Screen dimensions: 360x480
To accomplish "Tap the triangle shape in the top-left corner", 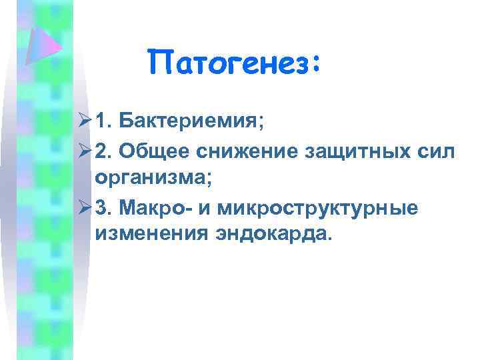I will [x=41, y=44].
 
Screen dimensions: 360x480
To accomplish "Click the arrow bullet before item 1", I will [x=83, y=123].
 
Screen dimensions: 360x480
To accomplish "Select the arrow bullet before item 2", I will [x=83, y=152].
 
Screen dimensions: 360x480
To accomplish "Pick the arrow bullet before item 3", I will [x=83, y=208].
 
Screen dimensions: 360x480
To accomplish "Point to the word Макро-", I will [x=159, y=208].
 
